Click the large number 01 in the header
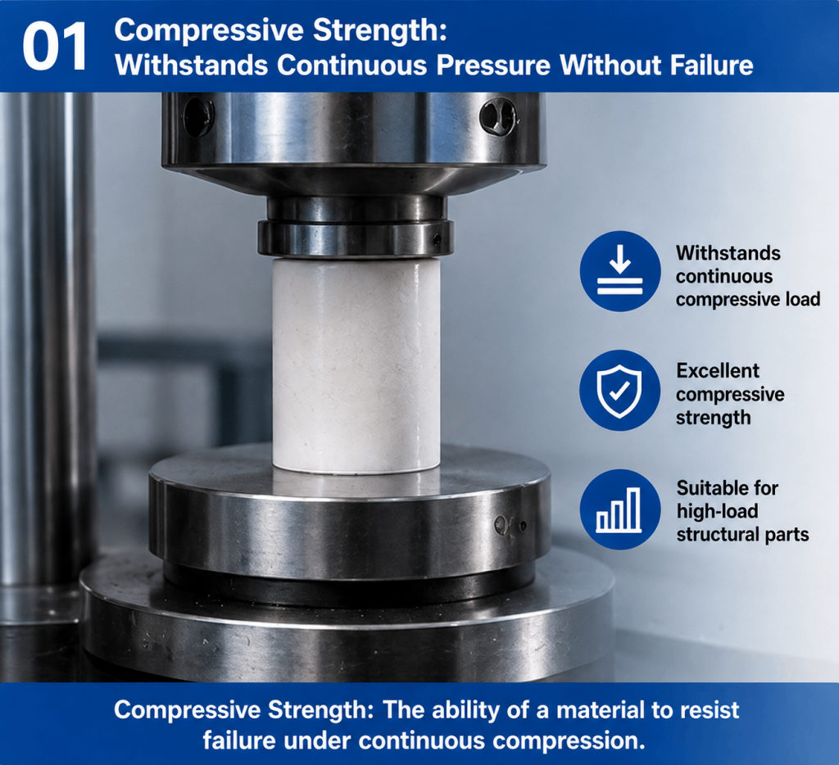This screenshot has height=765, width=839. [55, 47]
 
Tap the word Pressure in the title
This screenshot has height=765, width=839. [492, 66]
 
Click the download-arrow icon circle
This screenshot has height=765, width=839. [619, 271]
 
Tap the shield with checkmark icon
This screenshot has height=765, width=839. [619, 391]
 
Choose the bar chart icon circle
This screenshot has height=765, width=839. [619, 509]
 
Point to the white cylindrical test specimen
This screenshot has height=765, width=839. [356, 366]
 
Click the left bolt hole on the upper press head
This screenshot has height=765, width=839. [198, 116]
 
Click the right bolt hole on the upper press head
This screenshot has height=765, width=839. [497, 117]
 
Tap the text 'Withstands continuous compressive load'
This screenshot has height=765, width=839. [747, 276]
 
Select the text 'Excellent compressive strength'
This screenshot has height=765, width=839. [730, 394]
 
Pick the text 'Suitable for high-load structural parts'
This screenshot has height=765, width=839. [742, 511]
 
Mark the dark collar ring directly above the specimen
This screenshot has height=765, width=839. [356, 238]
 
